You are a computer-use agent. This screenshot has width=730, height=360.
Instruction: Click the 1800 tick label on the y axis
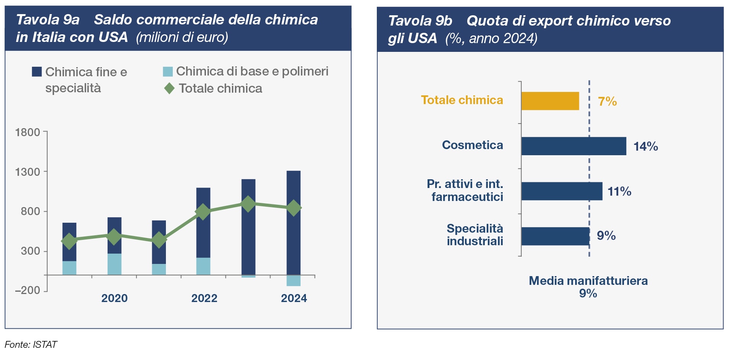[x=27, y=132]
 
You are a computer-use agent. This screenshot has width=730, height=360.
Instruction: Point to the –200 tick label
[x=27, y=290]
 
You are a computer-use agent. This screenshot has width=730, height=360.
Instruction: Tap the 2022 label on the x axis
[x=204, y=298]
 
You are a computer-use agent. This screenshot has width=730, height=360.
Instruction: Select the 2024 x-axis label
[x=294, y=298]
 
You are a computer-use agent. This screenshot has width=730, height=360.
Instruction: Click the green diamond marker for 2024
[x=294, y=208]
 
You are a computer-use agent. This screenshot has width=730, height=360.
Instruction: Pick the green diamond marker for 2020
[x=114, y=237]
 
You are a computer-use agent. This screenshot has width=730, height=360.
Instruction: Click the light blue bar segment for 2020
[x=114, y=264]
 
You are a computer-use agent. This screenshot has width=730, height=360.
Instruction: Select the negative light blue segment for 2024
[x=294, y=281]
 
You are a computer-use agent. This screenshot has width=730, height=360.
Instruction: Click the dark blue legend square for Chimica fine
[x=37, y=72]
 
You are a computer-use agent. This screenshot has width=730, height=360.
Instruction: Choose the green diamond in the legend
[x=169, y=88]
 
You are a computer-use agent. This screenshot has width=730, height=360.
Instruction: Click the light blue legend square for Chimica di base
[x=168, y=72]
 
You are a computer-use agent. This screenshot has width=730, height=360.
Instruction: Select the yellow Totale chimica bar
[x=550, y=101]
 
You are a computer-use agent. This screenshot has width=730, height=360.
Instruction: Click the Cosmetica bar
[x=574, y=146]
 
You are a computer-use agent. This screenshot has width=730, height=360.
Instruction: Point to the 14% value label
[x=646, y=146]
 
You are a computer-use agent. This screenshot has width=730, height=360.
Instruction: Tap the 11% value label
[x=619, y=191]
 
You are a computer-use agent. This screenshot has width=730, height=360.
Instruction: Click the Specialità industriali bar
[x=555, y=236]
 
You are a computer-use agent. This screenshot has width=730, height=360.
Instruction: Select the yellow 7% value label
[x=607, y=101]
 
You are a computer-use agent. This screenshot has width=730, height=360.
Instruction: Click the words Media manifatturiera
[x=588, y=281]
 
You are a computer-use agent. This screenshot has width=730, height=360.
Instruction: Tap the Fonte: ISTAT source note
[x=31, y=345]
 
